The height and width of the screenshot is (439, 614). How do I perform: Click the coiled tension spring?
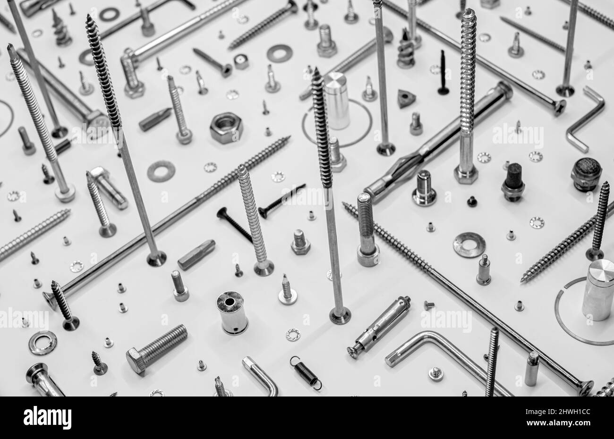[306, 372]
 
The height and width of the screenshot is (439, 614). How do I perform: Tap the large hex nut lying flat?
[226, 127]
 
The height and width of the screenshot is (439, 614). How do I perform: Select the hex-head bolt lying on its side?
[156, 348]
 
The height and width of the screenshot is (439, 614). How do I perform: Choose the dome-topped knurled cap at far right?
[586, 174]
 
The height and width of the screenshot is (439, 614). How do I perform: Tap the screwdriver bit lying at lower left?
[196, 254]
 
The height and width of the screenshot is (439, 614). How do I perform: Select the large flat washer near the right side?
[469, 245]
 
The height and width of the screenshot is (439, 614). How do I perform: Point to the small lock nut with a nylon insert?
[241, 61]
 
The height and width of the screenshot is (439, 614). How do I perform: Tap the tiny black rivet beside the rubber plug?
[471, 202]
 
